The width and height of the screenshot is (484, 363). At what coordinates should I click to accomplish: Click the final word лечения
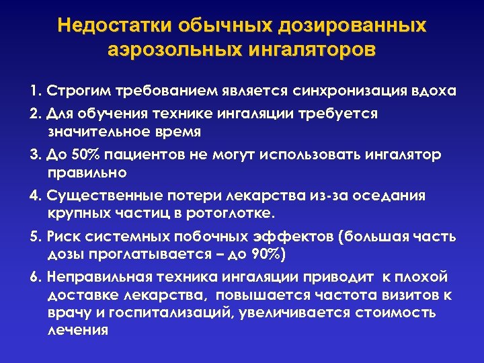[x=78, y=330]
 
